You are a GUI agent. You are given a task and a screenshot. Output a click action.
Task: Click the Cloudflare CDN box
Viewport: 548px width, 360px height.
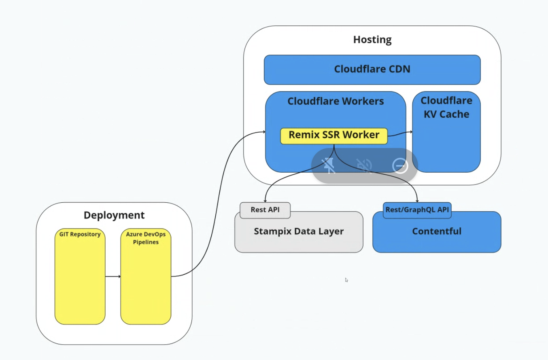point(372,70)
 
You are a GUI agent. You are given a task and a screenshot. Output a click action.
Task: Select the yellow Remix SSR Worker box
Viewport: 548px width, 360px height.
point(334,136)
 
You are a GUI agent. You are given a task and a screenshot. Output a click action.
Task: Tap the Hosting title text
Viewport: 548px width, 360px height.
point(372,40)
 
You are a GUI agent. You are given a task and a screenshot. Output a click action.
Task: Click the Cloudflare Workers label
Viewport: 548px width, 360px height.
point(336,101)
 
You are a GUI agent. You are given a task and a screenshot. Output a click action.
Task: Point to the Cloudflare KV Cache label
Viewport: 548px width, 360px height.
point(446,107)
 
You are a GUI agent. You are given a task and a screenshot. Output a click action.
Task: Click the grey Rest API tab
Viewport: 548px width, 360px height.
point(265,210)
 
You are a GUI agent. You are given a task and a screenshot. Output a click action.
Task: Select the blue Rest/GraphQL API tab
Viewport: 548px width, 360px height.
point(417,210)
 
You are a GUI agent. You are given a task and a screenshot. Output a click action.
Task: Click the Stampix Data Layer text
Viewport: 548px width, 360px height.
point(299,231)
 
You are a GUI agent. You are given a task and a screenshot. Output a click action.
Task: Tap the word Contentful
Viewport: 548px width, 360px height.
point(437,231)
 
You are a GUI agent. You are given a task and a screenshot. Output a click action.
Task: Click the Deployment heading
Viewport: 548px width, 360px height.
point(114,215)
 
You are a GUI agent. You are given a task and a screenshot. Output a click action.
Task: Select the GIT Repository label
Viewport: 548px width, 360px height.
point(80,234)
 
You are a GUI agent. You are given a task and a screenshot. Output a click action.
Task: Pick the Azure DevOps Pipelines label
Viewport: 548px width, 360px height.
point(146,238)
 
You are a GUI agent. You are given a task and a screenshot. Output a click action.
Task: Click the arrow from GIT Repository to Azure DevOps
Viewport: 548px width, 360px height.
point(113,276)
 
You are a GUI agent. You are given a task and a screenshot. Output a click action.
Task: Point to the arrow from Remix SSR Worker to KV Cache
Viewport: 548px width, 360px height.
point(400,133)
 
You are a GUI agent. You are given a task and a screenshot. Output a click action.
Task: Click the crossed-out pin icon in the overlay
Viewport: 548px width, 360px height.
point(329,166)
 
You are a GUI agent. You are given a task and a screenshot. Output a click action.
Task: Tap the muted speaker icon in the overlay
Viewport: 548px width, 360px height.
point(364,166)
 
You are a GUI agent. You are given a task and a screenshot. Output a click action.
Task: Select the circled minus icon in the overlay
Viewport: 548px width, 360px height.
point(400,166)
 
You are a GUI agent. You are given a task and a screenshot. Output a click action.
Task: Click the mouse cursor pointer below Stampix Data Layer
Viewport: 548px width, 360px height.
point(346,280)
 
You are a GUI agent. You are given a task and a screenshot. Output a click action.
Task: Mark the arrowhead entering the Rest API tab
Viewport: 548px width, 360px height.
point(265,201)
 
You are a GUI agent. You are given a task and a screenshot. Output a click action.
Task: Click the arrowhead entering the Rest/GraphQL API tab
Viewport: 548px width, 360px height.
point(417,201)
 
